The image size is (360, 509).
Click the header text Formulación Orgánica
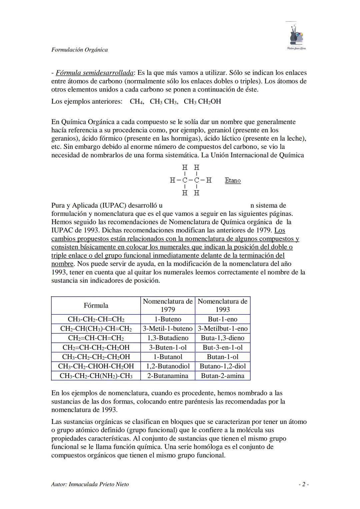click(x=79, y=50)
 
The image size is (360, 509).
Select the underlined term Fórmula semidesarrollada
click(x=95, y=73)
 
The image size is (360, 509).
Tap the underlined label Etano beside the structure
click(x=233, y=180)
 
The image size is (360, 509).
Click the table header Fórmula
click(x=96, y=305)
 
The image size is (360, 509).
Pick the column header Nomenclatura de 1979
click(x=168, y=305)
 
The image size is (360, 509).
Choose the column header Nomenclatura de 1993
click(x=223, y=305)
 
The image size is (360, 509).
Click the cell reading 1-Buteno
click(x=168, y=319)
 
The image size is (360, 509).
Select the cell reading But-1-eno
click(x=223, y=319)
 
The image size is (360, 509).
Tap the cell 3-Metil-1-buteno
click(x=168, y=328)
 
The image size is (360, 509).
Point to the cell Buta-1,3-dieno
click(x=223, y=338)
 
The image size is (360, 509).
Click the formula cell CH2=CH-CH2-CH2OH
click(x=96, y=347)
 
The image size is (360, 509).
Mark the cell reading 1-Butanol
click(x=168, y=357)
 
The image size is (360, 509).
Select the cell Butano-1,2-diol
click(x=223, y=366)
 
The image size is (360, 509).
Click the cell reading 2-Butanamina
click(x=168, y=376)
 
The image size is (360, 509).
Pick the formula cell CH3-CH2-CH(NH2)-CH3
click(x=96, y=376)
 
